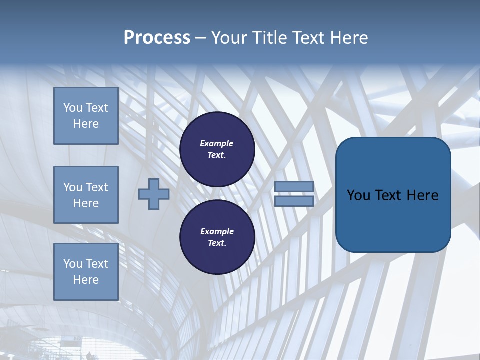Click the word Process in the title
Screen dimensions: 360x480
(157, 38)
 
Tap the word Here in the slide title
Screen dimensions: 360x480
(348, 38)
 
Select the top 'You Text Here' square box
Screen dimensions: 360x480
(86, 116)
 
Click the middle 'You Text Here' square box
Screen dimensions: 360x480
(86, 195)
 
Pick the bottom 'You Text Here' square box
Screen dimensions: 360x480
(86, 272)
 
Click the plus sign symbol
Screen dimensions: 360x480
(153, 194)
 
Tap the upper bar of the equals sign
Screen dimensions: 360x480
(294, 186)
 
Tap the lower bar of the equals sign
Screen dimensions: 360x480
(294, 201)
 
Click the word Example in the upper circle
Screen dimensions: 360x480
(217, 143)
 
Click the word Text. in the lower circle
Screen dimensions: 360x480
(217, 243)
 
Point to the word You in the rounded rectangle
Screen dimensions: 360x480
(358, 195)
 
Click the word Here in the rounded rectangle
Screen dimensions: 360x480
(422, 195)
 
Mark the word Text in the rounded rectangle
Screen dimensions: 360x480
(388, 195)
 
